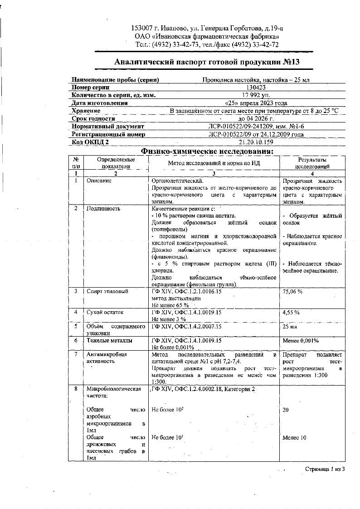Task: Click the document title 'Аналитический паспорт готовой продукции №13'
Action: click(207, 62)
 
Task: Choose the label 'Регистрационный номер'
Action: click(108, 134)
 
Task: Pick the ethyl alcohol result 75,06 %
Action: click(292, 292)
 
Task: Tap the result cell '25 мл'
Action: click(290, 327)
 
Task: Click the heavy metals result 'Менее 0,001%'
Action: click(300, 340)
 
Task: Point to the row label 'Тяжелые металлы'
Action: click(109, 340)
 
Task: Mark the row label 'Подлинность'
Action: click(103, 209)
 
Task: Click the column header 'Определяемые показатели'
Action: click(116, 163)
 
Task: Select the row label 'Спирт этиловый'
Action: click(107, 291)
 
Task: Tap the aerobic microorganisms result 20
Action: click(286, 410)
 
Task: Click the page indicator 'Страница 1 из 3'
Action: click(325, 469)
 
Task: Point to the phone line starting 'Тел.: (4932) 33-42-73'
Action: click(207, 44)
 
